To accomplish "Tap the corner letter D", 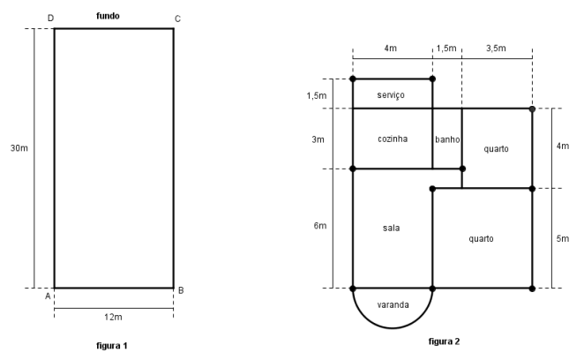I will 49,18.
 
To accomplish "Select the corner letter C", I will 178,18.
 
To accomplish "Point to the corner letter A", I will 49,296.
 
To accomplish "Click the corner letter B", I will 180,290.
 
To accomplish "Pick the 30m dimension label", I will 19,148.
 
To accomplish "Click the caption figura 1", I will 113,344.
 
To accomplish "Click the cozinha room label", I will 393,139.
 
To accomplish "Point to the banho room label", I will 447,139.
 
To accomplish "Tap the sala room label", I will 392,228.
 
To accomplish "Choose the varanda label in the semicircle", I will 393,304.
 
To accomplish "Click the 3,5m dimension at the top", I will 497,50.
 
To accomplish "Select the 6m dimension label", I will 320,227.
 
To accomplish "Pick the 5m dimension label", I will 563,238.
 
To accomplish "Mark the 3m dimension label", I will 318,139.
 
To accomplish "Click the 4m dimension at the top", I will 392,50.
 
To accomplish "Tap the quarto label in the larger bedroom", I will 482,238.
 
